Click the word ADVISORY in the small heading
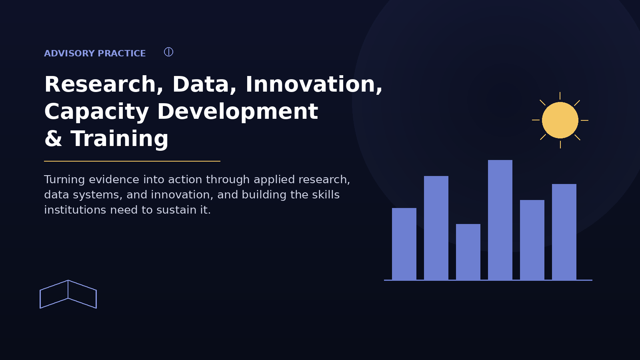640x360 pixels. click(x=70, y=54)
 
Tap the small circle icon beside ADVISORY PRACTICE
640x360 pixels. click(x=168, y=52)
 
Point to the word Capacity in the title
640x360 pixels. click(x=96, y=112)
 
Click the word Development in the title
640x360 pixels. click(x=238, y=112)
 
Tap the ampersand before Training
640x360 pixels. click(x=53, y=138)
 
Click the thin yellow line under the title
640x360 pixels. click(x=132, y=161)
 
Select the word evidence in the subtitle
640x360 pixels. click(x=114, y=180)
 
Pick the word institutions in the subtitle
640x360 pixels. click(x=75, y=210)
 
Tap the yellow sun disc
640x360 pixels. click(x=560, y=120)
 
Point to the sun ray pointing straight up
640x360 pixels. click(x=560, y=96)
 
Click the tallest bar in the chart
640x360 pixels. click(x=500, y=220)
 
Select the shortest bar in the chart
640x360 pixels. click(x=468, y=252)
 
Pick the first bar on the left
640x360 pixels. click(x=404, y=244)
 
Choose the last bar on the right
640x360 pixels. click(x=564, y=232)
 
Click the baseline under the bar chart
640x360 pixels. click(x=488, y=280)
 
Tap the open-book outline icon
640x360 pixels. click(x=68, y=289)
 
